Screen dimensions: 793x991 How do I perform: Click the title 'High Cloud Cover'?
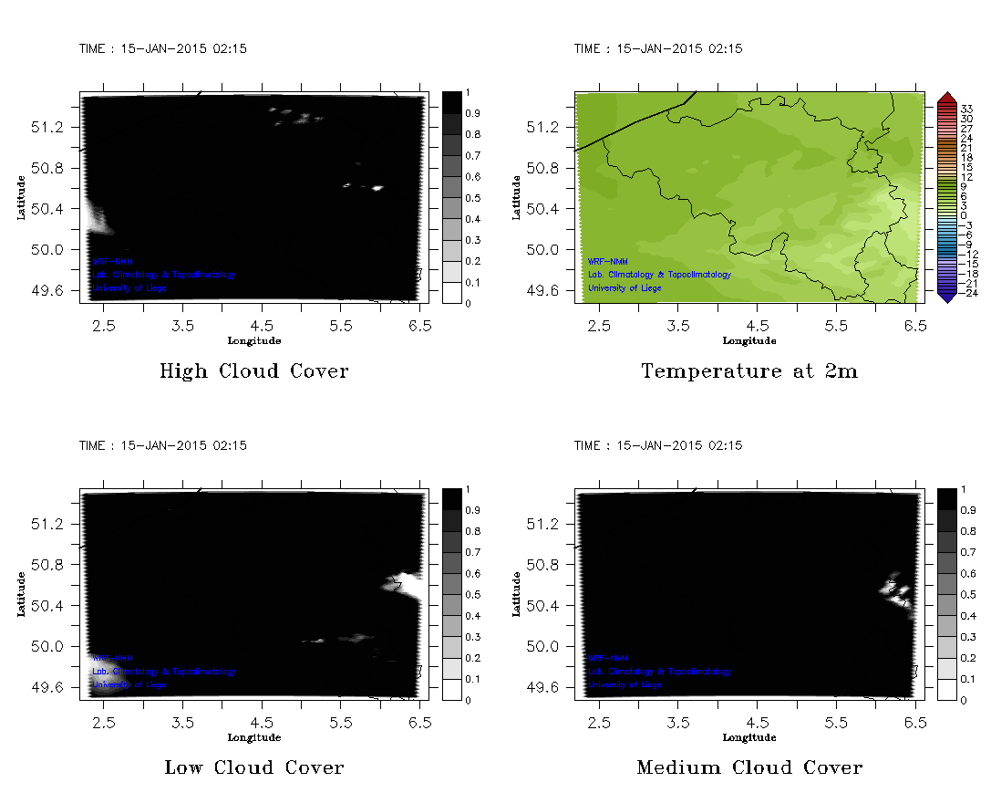click(253, 371)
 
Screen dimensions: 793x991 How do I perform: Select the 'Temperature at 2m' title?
click(749, 371)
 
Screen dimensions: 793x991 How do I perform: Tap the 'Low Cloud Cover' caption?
click(253, 767)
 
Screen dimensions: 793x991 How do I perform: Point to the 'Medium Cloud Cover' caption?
click(749, 767)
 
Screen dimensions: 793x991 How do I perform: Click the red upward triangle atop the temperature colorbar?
click(946, 97)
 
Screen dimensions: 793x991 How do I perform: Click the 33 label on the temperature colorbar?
click(967, 109)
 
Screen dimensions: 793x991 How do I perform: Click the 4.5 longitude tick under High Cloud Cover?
click(262, 325)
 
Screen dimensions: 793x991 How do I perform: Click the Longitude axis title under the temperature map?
click(749, 340)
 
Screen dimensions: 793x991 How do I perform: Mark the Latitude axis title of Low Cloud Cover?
click(20, 594)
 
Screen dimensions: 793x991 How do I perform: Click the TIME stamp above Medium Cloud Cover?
click(658, 445)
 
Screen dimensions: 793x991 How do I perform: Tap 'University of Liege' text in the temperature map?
click(625, 287)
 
